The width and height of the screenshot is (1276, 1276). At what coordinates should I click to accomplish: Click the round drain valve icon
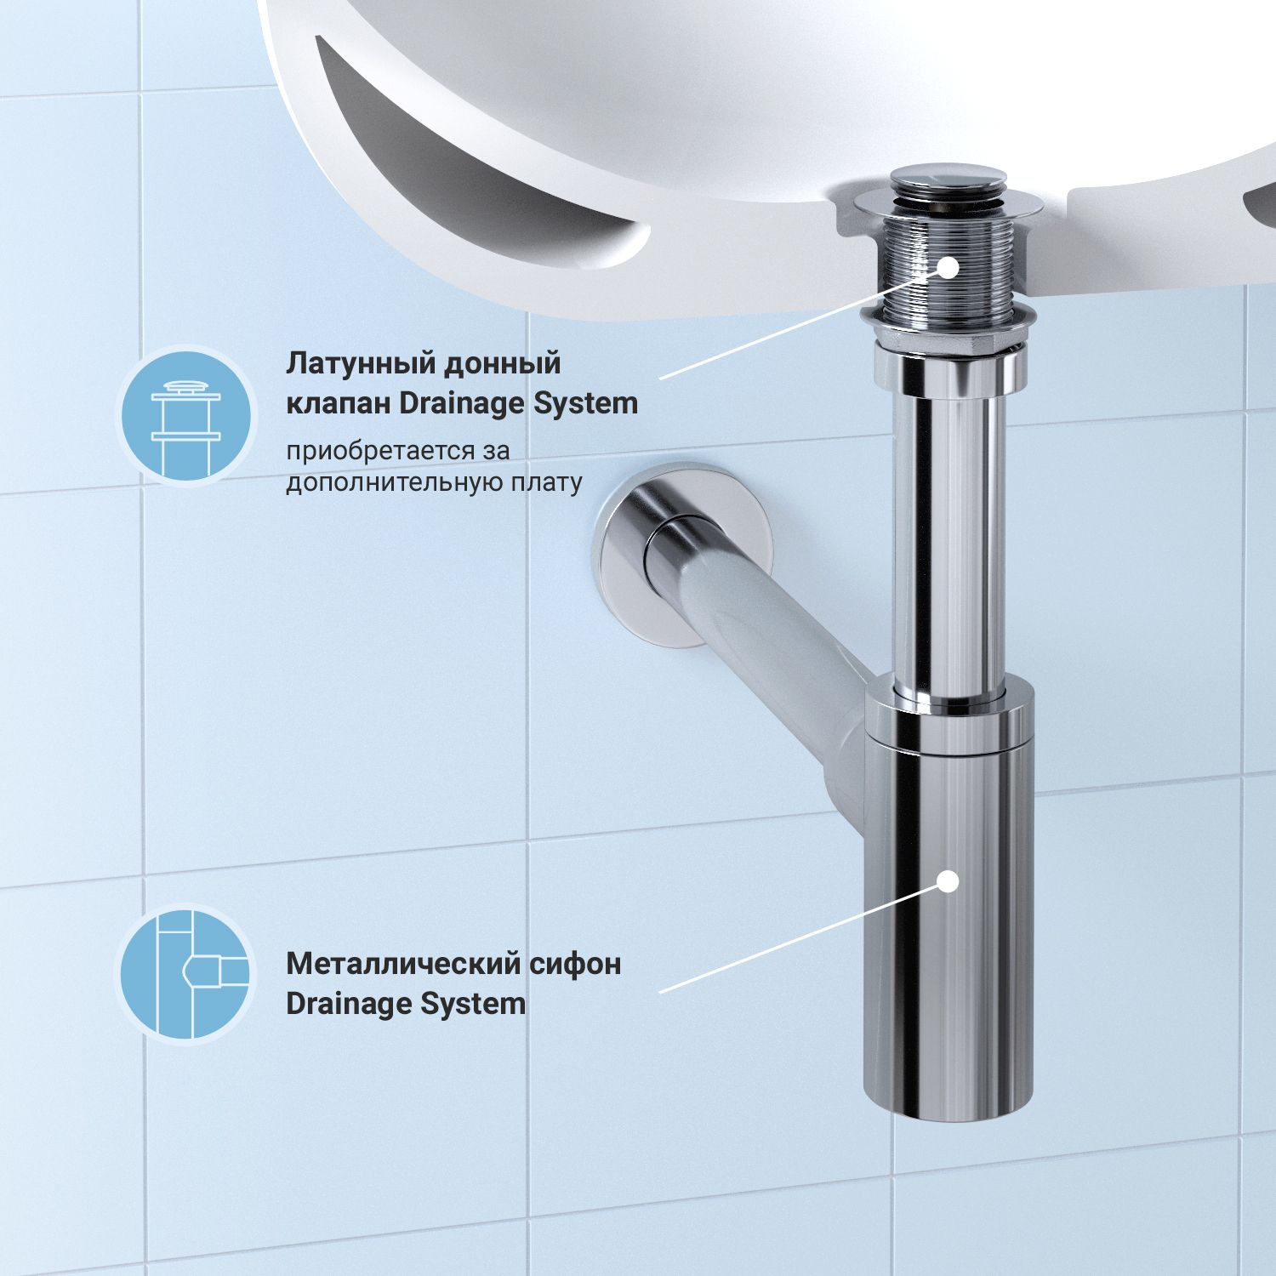pos(185,416)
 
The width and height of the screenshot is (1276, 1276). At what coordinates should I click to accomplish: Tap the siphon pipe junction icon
pos(185,973)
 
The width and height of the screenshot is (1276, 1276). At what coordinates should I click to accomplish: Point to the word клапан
pos(338,403)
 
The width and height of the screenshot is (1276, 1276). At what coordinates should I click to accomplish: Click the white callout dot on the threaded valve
pos(948,266)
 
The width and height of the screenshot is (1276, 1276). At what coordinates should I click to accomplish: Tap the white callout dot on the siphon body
pos(948,881)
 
